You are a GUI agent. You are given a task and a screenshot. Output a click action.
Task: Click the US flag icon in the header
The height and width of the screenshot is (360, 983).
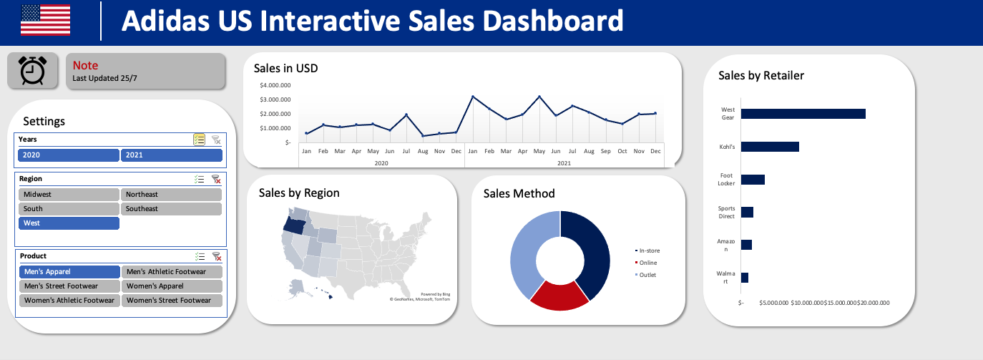click(45, 19)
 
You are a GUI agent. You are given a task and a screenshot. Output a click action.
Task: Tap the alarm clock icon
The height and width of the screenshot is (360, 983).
click(32, 71)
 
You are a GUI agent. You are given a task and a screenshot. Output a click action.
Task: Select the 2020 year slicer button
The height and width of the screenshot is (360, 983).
click(69, 155)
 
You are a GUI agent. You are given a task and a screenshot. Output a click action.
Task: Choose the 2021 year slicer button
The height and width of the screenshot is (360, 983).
click(172, 155)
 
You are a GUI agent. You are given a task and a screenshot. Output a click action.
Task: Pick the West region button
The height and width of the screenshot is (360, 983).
click(69, 223)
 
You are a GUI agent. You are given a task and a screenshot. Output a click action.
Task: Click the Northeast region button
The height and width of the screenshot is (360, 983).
click(172, 195)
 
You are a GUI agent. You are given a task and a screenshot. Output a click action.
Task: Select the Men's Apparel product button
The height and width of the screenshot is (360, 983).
click(69, 272)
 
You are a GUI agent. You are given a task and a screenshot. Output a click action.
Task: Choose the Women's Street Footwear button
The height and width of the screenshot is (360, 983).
click(172, 301)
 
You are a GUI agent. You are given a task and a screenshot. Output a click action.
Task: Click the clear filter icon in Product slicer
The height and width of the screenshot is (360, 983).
click(216, 256)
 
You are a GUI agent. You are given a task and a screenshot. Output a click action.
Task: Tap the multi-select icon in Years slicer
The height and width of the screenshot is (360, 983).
click(200, 140)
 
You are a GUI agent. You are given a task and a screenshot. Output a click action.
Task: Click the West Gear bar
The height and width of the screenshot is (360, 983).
click(803, 114)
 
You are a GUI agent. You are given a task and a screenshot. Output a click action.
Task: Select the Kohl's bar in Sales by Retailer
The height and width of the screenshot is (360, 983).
click(770, 147)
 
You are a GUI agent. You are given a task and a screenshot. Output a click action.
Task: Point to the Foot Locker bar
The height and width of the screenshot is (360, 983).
click(753, 179)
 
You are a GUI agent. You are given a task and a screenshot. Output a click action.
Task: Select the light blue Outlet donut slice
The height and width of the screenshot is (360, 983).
click(526, 250)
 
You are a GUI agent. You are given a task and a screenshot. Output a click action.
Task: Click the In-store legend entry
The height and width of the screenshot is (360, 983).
click(649, 250)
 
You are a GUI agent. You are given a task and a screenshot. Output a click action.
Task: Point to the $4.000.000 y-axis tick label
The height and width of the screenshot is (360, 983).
click(275, 85)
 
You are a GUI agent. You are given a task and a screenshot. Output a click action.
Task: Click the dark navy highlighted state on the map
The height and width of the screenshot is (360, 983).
click(295, 225)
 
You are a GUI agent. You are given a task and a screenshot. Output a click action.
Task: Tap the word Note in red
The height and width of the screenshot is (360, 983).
click(85, 65)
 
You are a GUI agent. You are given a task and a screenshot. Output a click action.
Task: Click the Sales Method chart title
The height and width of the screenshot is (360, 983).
click(519, 193)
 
